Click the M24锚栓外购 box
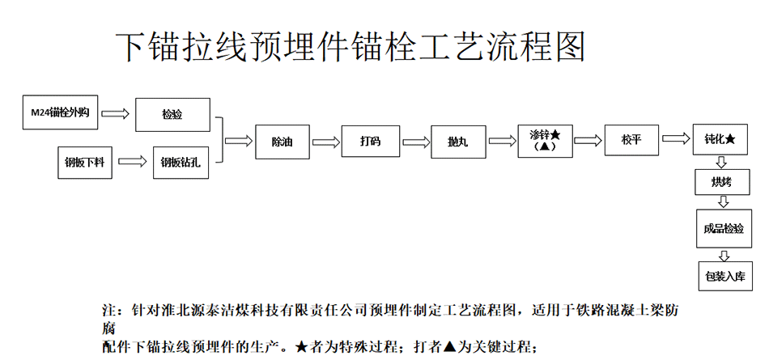[61, 112]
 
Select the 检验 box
[172, 115]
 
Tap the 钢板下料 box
[85, 162]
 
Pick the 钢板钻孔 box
[180, 163]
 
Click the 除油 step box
[283, 142]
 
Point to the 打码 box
[369, 141]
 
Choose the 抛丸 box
[458, 142]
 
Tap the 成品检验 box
[724, 228]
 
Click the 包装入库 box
[725, 276]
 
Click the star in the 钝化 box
[730, 139]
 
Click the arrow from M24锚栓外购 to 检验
[115, 114]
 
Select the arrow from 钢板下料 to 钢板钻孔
[133, 161]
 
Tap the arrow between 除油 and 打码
[326, 142]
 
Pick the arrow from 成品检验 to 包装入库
[724, 255]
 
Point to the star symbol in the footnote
[302, 348]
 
